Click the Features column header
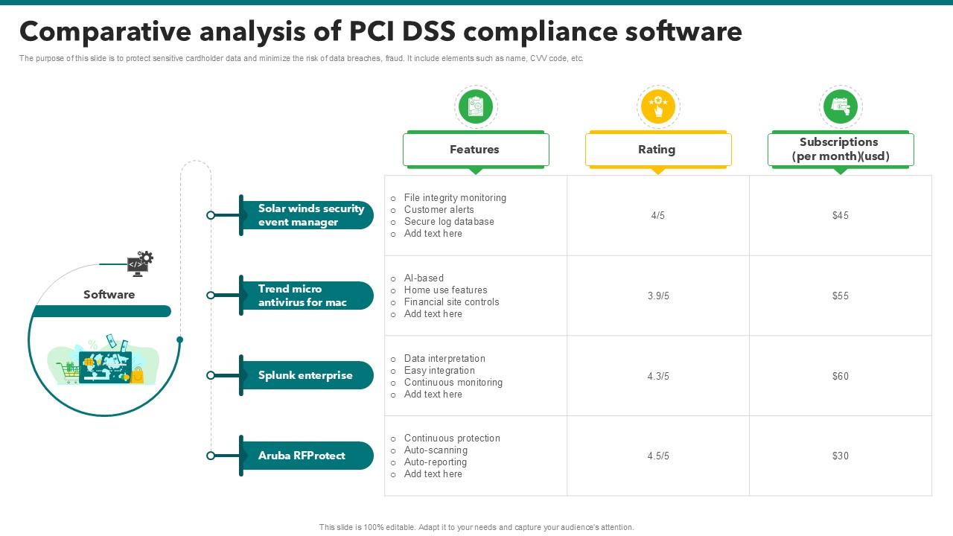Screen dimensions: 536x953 475,150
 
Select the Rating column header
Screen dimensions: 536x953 657,150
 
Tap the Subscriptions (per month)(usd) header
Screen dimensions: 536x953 839,149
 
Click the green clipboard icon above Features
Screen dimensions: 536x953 475,106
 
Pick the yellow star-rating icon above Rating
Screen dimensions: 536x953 657,106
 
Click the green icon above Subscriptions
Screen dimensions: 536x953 840,106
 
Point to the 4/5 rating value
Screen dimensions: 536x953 657,216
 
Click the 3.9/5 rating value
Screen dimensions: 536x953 658,296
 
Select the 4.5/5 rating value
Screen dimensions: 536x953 658,456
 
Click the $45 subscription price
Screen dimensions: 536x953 840,216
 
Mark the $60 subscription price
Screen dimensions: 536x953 840,377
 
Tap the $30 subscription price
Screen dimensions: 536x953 840,456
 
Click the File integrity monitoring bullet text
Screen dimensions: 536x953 454,198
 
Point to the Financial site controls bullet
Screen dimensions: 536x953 451,302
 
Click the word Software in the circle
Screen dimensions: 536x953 109,295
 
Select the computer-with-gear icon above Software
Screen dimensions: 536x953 139,263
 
